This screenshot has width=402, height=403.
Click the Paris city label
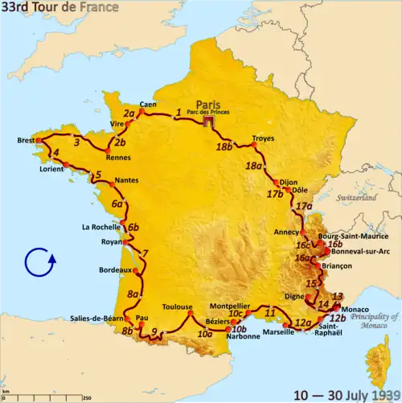(207, 104)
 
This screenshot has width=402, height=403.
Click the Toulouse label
(177, 307)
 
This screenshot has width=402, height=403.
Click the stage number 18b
(224, 146)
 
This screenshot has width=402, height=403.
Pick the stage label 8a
(133, 294)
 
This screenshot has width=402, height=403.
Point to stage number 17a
(304, 206)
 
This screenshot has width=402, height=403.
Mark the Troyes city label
(263, 138)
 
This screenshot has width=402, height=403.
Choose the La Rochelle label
(100, 227)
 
